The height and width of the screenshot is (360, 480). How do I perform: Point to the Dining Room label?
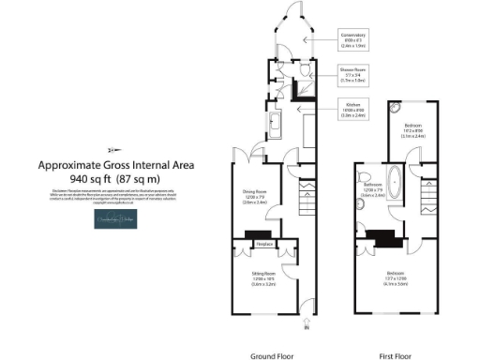tap(256, 193)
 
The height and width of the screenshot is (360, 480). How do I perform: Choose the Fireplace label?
tap(264, 245)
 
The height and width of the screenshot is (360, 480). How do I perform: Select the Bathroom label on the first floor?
tap(372, 190)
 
